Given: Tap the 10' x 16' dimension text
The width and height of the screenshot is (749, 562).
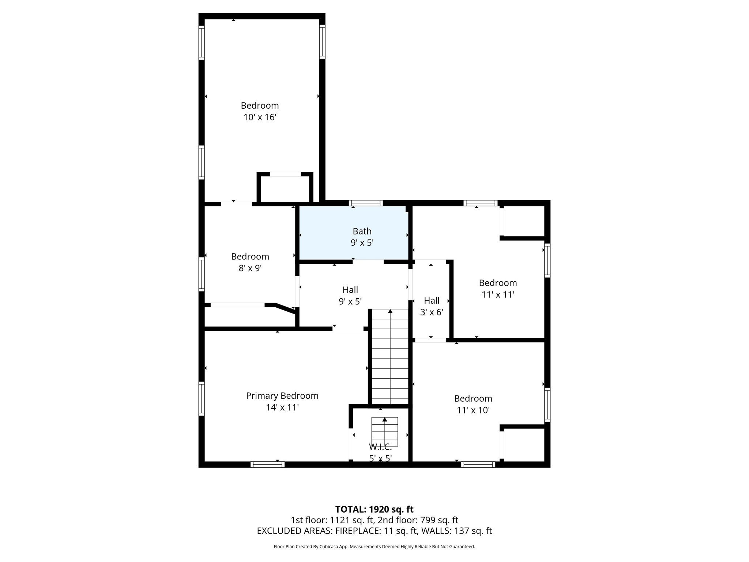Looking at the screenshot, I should click(260, 117).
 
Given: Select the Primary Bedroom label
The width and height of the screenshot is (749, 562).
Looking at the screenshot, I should click(282, 396).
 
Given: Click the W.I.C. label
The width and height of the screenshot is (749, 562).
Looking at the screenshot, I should click(380, 447).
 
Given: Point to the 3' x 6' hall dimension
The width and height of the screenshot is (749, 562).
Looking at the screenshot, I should click(432, 312).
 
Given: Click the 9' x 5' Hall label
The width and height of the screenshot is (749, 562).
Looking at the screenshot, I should click(350, 290).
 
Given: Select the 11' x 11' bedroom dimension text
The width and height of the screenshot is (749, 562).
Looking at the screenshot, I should click(498, 295).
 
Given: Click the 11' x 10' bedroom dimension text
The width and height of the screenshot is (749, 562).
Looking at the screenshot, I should click(473, 411).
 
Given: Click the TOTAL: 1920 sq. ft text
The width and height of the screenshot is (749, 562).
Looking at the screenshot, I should click(374, 509).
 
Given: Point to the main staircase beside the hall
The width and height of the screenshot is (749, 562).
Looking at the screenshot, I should click(390, 357).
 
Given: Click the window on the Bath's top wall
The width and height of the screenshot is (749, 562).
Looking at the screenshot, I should click(366, 203).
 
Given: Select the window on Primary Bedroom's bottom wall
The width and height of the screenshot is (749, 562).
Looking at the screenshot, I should click(267, 465).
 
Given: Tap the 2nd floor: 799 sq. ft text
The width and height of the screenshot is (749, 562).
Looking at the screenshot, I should click(418, 520).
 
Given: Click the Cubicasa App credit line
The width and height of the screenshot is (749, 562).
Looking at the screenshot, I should click(374, 547).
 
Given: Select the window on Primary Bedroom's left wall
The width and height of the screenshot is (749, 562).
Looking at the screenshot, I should click(202, 398).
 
